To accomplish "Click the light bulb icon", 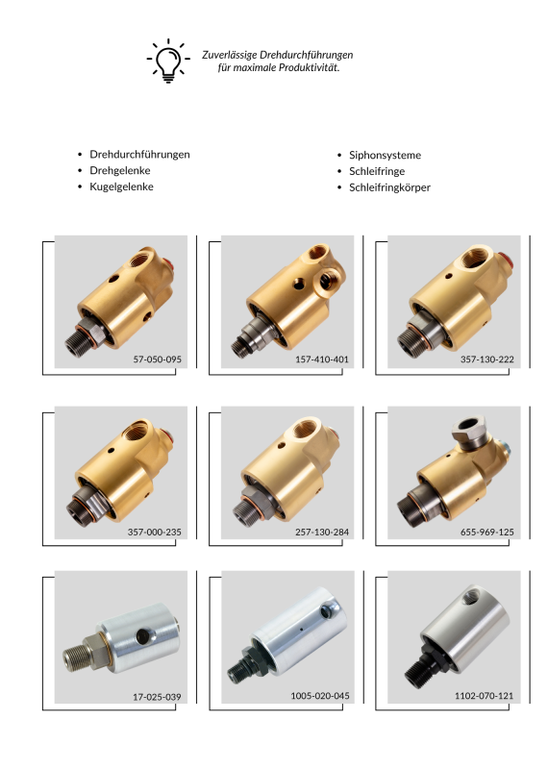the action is click(168, 61).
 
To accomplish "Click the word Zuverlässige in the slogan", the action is click(230, 55).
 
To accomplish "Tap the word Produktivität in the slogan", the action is click(309, 67).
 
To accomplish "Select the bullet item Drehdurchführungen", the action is click(139, 155).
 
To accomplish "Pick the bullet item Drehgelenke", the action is click(120, 171).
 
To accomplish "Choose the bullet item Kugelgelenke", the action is click(121, 186).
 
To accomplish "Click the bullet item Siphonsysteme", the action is click(385, 156).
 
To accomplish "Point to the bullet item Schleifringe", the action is click(377, 172).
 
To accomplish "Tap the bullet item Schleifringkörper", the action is click(389, 187).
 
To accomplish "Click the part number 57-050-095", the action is click(157, 360).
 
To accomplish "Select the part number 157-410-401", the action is click(322, 360).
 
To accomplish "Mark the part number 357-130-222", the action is click(487, 360).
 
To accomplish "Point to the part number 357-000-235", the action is click(155, 533).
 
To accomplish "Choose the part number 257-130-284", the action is click(322, 533).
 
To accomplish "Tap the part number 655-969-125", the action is click(487, 533).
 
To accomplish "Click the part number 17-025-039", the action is click(157, 697).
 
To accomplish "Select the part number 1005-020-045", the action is click(320, 696).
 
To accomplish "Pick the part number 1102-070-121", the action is click(485, 696).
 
